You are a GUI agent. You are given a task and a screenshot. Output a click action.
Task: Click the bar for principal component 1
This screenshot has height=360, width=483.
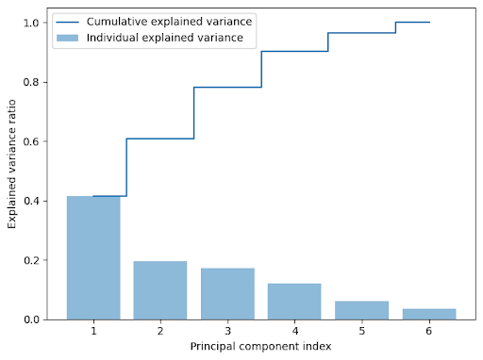(x=93, y=258)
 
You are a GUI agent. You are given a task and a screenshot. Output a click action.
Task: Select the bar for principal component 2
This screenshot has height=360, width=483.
(x=160, y=290)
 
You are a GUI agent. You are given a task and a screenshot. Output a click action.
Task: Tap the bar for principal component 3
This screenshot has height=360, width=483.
(x=227, y=294)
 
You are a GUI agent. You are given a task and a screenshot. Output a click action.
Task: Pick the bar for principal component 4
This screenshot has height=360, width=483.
(x=294, y=302)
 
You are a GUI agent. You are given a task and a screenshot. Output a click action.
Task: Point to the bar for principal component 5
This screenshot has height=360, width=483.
(x=362, y=311)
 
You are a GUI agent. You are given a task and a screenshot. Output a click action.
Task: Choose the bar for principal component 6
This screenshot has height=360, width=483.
(x=429, y=315)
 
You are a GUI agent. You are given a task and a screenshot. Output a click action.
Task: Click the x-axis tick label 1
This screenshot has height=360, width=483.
(x=93, y=332)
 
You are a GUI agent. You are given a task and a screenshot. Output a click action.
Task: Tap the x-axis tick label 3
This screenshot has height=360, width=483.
(x=227, y=332)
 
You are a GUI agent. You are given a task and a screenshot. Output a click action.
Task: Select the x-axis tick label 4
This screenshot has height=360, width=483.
(x=294, y=332)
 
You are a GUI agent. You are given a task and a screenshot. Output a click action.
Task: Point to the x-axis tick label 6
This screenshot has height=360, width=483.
(x=429, y=332)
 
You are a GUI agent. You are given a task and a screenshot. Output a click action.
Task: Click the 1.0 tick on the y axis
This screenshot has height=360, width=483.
(x=34, y=23)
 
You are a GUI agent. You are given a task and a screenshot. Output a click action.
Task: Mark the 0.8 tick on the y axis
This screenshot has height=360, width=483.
(x=34, y=82)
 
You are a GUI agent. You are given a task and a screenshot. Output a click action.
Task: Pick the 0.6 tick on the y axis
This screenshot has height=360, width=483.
(x=34, y=141)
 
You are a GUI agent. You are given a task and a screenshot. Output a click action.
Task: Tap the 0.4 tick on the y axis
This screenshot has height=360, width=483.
(x=34, y=201)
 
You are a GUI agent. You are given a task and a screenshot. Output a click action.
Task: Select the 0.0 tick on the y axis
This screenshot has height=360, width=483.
(x=34, y=320)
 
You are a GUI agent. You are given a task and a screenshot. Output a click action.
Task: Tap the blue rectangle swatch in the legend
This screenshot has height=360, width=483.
(x=75, y=38)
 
